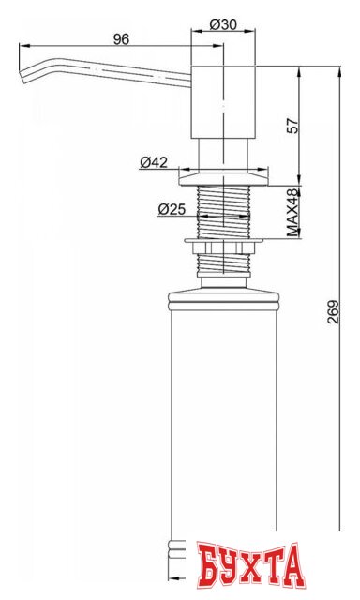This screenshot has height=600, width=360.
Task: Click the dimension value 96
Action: pyautogui.click(x=119, y=38)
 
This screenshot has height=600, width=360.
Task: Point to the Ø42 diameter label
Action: pyautogui.click(x=154, y=162)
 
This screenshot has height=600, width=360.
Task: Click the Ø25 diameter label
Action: pyautogui.click(x=170, y=208)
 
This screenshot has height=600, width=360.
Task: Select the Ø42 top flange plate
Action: pyautogui.click(x=226, y=174)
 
